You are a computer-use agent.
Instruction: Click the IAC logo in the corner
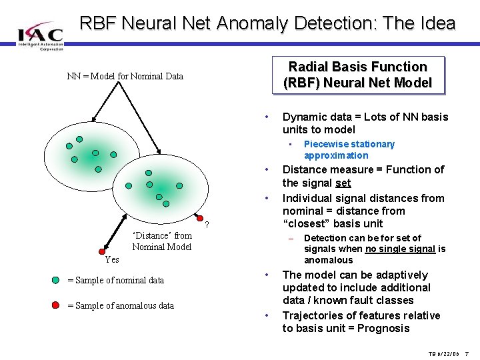pyautogui.click(x=40, y=34)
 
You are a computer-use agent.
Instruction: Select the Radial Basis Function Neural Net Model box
pyautogui.click(x=357, y=75)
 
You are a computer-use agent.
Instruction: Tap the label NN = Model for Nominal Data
pyautogui.click(x=125, y=76)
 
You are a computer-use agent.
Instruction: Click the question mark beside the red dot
pyautogui.click(x=207, y=223)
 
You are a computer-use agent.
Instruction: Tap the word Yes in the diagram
pyautogui.click(x=111, y=259)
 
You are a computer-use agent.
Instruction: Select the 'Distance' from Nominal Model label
pyautogui.click(x=162, y=241)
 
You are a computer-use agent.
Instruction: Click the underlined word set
pyautogui.click(x=343, y=183)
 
